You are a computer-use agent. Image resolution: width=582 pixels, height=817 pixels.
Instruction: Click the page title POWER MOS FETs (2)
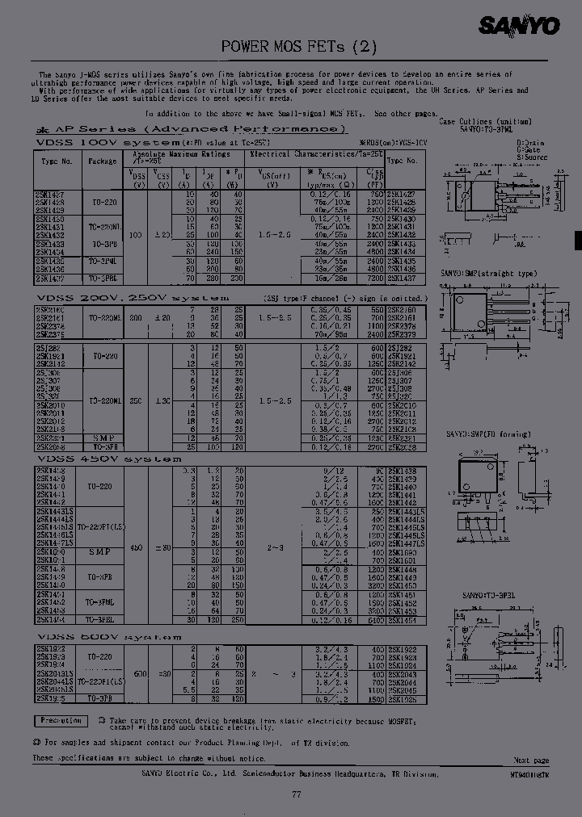tap(299, 47)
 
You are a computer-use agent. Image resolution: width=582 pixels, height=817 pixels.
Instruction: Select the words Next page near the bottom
tap(531, 760)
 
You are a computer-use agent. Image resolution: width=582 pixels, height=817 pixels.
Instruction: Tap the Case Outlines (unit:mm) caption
tap(485, 121)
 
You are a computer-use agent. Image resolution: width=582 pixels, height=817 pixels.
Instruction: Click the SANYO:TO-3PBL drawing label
tap(485, 595)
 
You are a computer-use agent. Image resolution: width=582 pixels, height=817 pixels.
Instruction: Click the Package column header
tap(103, 161)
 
